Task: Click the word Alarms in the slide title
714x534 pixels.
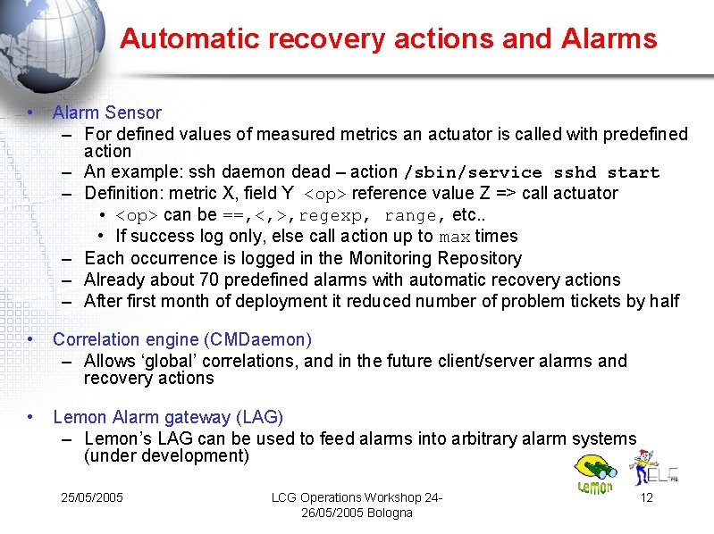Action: [x=609, y=38]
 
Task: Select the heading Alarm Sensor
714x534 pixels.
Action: [x=107, y=113]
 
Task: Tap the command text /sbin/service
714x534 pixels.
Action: [x=474, y=172]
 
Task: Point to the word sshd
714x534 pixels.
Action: [x=575, y=172]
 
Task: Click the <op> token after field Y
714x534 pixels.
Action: [x=325, y=194]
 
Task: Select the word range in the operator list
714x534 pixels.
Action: [x=411, y=215]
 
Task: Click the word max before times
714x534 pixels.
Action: [x=455, y=237]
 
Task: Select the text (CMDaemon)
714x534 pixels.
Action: [x=257, y=339]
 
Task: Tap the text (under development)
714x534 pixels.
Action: [x=166, y=456]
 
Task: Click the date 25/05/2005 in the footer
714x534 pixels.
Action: [x=92, y=497]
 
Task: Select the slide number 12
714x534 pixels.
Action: [x=647, y=497]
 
